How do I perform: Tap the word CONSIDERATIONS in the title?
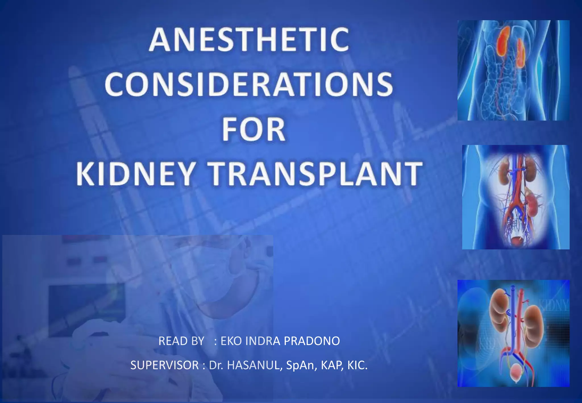pos(249,84)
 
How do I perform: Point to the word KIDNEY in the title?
pos(135,174)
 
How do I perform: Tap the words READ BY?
pos(181,341)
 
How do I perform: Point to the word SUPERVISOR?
pos(165,365)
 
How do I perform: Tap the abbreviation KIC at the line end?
pos(357,365)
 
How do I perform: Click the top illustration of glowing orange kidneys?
pos(513,70)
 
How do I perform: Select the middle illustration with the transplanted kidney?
pos(516,197)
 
